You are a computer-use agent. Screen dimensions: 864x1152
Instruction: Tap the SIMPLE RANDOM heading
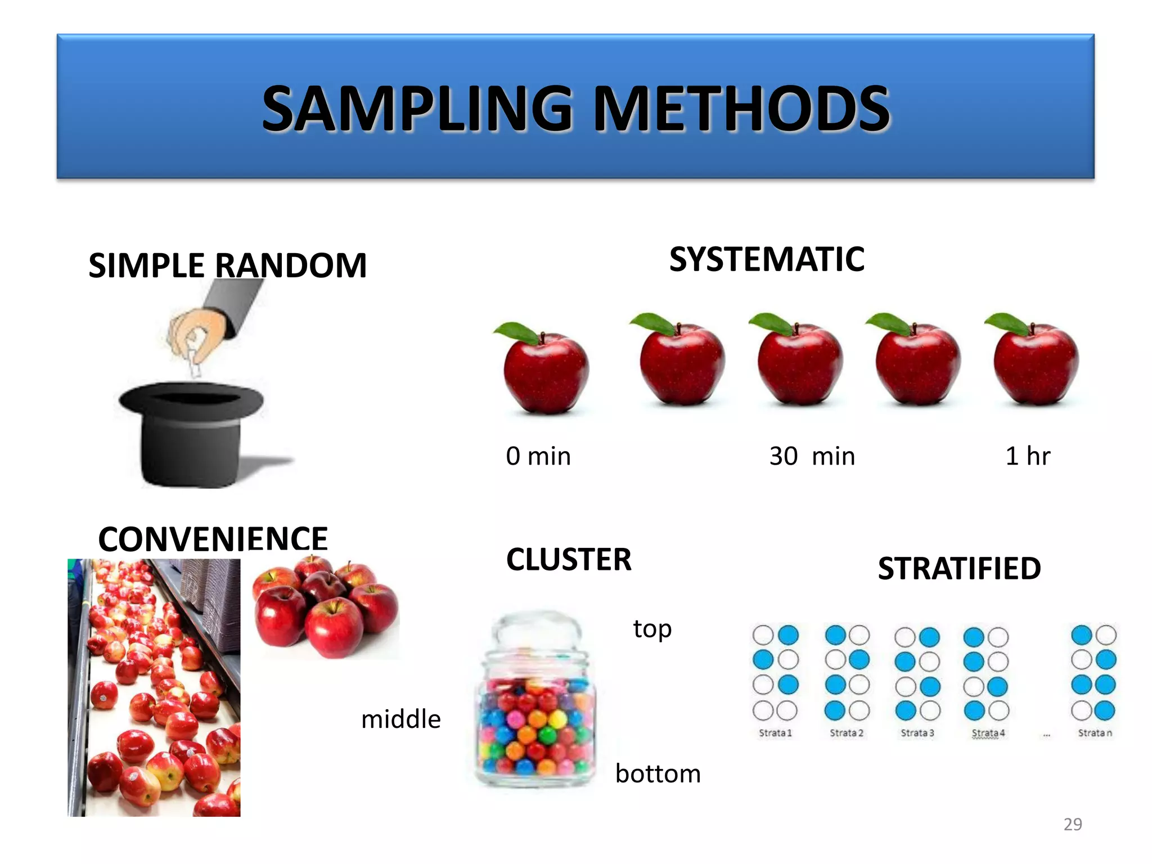click(x=227, y=265)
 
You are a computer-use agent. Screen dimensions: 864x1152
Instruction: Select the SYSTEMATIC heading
click(x=767, y=259)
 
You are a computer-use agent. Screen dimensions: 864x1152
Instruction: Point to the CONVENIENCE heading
click(x=213, y=539)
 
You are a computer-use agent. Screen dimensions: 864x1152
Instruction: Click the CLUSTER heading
click(x=569, y=559)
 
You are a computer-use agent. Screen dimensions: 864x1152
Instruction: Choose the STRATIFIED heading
click(x=959, y=568)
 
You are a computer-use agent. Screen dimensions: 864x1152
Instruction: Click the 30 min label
click(x=812, y=456)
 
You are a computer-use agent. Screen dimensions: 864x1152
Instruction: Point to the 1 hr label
click(x=1027, y=456)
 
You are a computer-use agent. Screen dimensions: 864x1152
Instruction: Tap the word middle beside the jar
click(x=400, y=719)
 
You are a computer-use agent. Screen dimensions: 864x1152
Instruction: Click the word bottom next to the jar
click(x=658, y=773)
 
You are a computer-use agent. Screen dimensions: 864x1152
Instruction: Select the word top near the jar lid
click(x=652, y=628)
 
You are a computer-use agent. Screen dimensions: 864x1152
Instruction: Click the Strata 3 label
click(x=917, y=733)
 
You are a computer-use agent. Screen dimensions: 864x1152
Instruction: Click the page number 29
click(x=1072, y=824)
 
